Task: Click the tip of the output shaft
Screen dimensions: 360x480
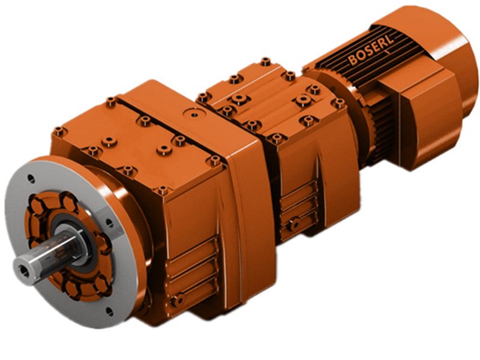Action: click(x=24, y=264)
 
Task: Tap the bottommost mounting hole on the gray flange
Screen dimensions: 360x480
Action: click(x=109, y=311)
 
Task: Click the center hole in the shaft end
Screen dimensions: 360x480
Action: click(x=23, y=265)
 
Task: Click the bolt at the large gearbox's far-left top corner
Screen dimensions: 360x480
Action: click(x=58, y=130)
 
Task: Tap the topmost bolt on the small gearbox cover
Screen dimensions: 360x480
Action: click(x=265, y=61)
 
